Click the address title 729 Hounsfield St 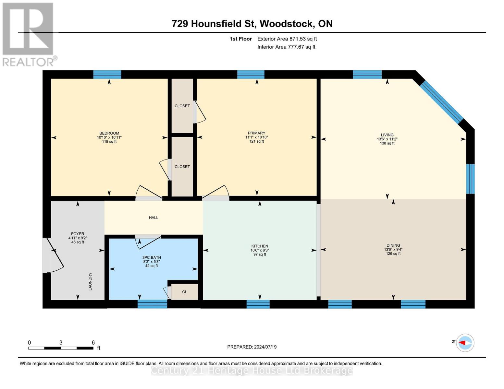252,24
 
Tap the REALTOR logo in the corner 28,34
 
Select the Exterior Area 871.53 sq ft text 287,39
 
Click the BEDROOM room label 109,133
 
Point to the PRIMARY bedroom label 256,133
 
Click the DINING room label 393,245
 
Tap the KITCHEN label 260,246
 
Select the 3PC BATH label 152,257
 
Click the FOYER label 78,234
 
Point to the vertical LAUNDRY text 91,281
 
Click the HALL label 154,218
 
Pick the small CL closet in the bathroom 184,292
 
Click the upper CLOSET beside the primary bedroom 182,106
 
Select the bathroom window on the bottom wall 152,304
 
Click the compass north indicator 465,343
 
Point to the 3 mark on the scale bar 61,343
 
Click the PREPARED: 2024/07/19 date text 252,347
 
